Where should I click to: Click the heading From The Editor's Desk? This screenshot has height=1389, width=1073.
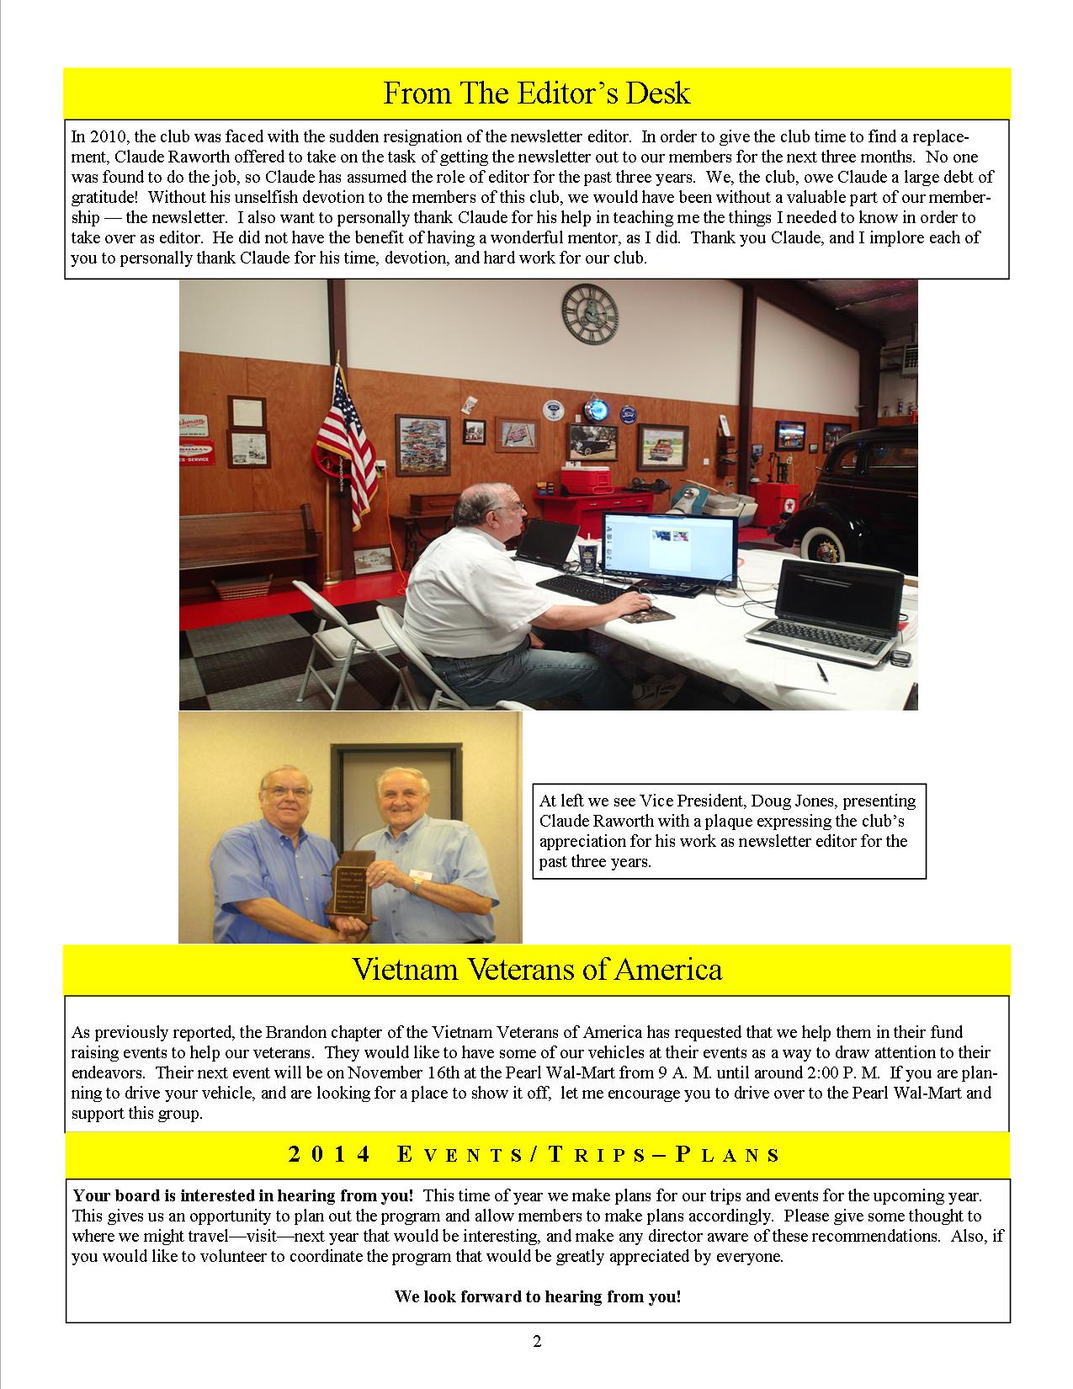(537, 93)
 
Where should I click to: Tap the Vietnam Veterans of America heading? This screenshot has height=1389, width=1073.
(537, 970)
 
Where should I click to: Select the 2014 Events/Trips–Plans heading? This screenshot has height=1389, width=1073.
(535, 1154)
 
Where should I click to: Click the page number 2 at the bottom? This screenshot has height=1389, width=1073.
(537, 1341)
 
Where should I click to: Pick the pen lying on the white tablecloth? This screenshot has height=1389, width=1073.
(821, 671)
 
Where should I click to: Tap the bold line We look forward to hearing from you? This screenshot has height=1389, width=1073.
(537, 1296)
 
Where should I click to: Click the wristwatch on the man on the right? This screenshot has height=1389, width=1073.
(414, 885)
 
